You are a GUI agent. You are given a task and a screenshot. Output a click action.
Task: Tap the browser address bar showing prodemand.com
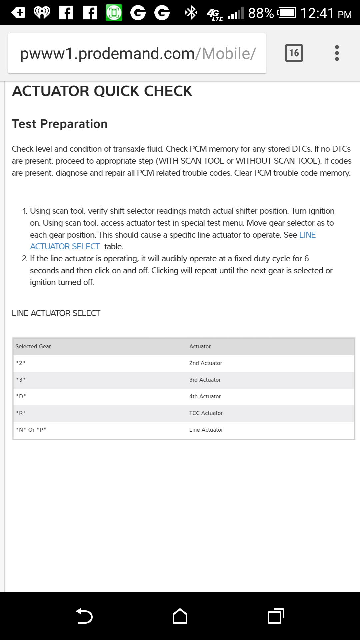[137, 53]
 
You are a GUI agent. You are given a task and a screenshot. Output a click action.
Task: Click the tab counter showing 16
[294, 53]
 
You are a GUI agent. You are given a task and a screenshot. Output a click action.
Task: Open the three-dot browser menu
[337, 53]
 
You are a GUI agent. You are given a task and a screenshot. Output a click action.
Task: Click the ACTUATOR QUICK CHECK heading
[102, 91]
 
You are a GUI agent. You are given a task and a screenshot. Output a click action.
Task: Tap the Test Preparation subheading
[60, 124]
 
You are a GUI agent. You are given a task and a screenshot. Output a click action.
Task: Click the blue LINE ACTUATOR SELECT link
[65, 246]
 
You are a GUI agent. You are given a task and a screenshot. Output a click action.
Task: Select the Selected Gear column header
[33, 346]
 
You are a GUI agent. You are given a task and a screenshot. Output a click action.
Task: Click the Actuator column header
[200, 346]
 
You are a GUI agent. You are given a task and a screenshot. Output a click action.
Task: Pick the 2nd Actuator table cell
[205, 363]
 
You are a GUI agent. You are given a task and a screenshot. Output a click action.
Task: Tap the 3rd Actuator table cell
[205, 380]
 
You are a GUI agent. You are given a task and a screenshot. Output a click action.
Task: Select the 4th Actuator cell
[205, 396]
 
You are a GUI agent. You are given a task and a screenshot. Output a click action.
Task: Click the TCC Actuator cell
[206, 413]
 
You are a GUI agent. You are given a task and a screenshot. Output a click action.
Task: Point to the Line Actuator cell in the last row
[206, 430]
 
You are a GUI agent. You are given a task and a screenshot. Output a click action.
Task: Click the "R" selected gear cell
[21, 413]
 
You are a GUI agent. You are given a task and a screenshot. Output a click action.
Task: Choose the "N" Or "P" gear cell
[31, 430]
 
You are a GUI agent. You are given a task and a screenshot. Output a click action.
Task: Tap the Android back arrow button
[84, 616]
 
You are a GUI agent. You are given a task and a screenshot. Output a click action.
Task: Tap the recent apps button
[276, 616]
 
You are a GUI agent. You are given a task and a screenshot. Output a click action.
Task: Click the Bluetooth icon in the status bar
[191, 13]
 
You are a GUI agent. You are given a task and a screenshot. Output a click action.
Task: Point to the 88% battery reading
[261, 13]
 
